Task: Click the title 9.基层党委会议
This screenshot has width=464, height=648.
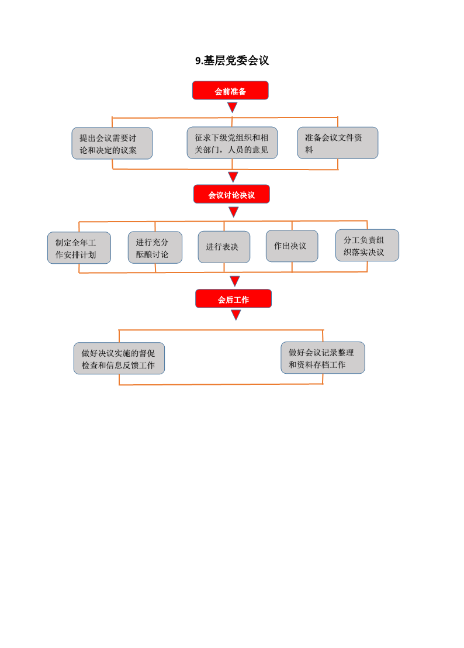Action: (232, 61)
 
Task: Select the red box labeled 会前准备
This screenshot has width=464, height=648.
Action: (230, 91)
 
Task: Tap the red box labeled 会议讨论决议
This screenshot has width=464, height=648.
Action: (231, 194)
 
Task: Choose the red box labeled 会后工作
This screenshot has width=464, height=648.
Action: (234, 299)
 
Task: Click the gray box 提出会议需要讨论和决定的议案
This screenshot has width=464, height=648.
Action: (112, 143)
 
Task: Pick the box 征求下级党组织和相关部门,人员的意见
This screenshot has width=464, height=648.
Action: (232, 143)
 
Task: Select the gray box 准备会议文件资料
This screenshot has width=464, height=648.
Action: (338, 143)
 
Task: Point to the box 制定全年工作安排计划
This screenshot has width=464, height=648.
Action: (79, 248)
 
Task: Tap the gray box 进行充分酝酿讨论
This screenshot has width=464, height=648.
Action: (155, 247)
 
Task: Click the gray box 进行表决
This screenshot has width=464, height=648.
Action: (224, 247)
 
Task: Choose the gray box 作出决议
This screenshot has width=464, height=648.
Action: (292, 246)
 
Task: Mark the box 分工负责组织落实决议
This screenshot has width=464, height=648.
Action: (368, 246)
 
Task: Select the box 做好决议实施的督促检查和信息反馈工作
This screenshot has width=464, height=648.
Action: (119, 359)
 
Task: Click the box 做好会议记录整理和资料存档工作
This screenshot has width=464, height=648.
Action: (323, 358)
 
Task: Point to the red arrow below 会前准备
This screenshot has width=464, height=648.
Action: (233, 107)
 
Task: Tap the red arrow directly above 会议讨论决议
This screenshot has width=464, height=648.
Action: (233, 177)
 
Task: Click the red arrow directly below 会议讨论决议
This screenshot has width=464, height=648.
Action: (234, 212)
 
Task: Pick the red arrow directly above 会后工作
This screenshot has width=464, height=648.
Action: (235, 281)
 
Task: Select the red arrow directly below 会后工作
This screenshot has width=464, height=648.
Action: (236, 315)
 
